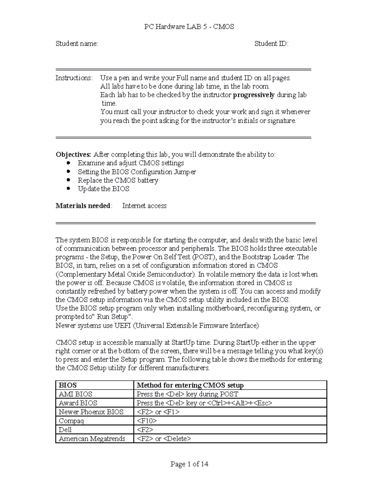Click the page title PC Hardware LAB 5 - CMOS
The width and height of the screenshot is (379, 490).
(x=189, y=27)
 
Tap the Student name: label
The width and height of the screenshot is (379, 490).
(x=77, y=44)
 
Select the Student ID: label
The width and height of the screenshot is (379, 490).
(x=271, y=44)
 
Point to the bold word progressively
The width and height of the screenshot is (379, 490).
(x=254, y=95)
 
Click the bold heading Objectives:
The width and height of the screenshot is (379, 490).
(x=73, y=155)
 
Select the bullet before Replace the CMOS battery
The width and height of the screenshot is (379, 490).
(x=69, y=180)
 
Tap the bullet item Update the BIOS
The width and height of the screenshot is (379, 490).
(x=103, y=189)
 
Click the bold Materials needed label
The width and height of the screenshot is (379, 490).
(x=83, y=206)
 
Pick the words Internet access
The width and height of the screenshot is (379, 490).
(x=144, y=206)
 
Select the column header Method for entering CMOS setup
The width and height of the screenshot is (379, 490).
(x=190, y=385)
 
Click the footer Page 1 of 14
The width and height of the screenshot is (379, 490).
(x=189, y=464)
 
